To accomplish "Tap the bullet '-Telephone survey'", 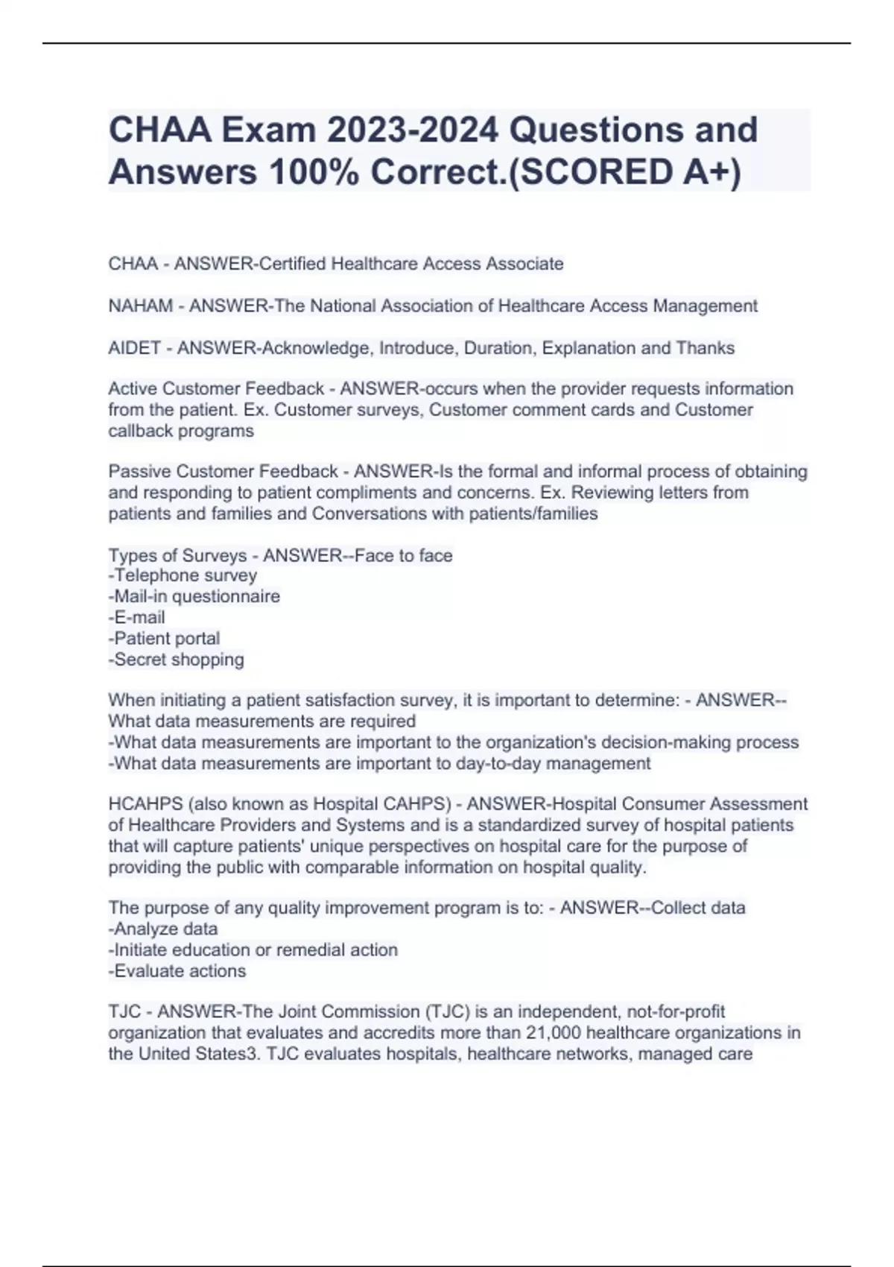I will point(183,575).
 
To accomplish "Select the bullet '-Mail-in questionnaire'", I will point(194,596).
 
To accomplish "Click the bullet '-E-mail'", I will point(137,617).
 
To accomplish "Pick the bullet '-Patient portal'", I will point(164,639).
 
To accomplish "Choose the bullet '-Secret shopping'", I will point(177,660).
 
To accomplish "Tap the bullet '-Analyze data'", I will point(163,929).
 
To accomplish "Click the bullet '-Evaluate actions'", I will point(177,971).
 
